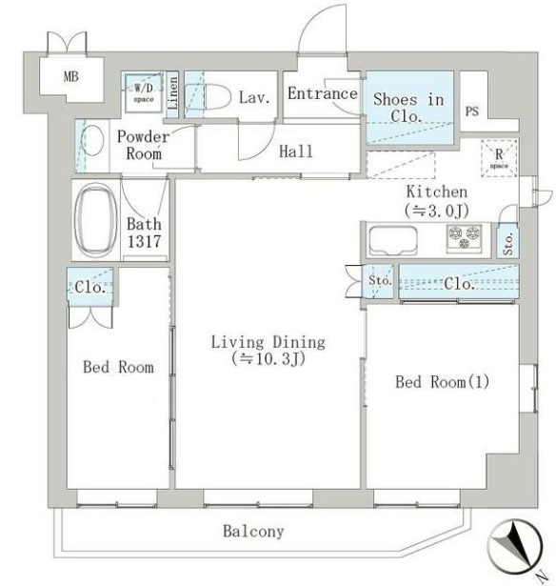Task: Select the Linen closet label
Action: tap(173, 95)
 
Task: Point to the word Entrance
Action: tap(322, 93)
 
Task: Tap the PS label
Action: tap(471, 111)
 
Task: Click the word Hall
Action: tap(295, 152)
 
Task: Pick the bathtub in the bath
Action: tap(94, 219)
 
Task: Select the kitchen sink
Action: tap(388, 238)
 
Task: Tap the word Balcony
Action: tap(253, 531)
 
